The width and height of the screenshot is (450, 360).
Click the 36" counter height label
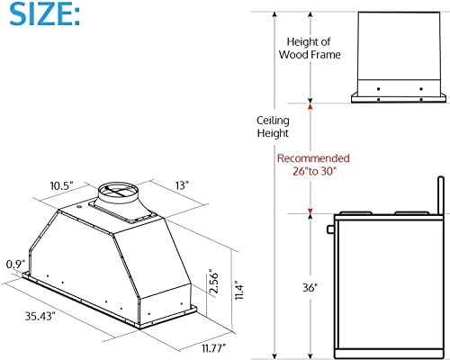click(285, 289)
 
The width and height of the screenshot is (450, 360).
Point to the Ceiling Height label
click(271, 126)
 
